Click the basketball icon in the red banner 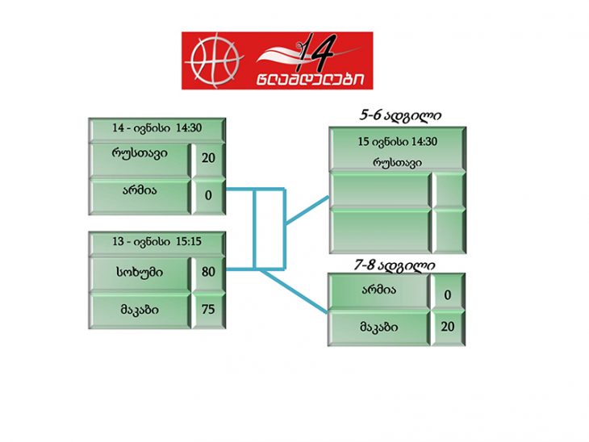[215, 60]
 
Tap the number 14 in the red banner [315, 52]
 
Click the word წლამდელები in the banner [311, 79]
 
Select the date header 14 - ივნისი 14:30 [157, 128]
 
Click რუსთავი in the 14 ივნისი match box [140, 153]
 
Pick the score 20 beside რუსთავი [208, 158]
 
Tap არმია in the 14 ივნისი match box [140, 191]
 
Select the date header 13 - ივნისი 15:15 [157, 241]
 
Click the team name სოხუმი [140, 272]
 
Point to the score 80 [208, 272]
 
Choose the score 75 [208, 310]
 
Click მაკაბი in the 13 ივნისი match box [140, 310]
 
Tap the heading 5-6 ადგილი [400, 115]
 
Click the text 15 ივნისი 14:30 [398, 142]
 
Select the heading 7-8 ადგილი [395, 265]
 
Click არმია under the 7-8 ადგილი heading [379, 290]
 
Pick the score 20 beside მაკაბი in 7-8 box [447, 327]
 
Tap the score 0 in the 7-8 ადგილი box [447, 294]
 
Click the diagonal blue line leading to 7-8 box [294, 290]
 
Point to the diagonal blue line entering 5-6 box [307, 211]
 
